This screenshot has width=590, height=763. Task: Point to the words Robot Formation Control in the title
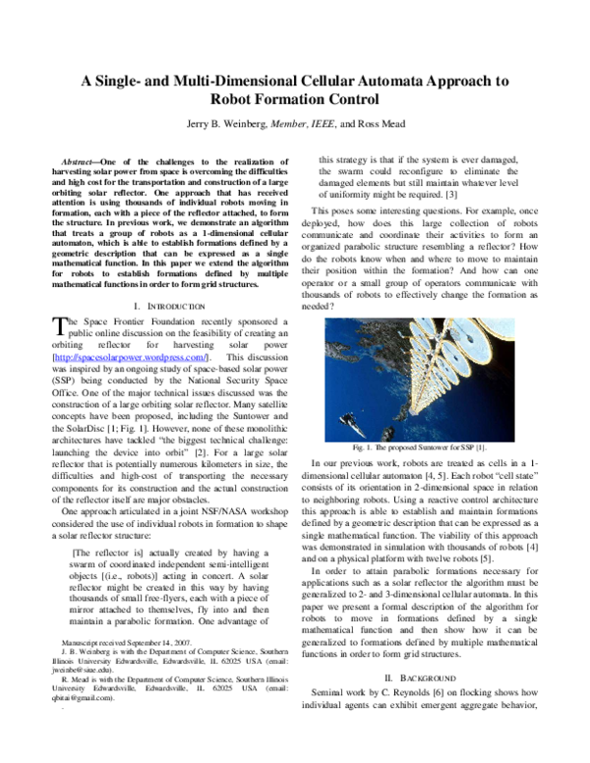294,100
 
